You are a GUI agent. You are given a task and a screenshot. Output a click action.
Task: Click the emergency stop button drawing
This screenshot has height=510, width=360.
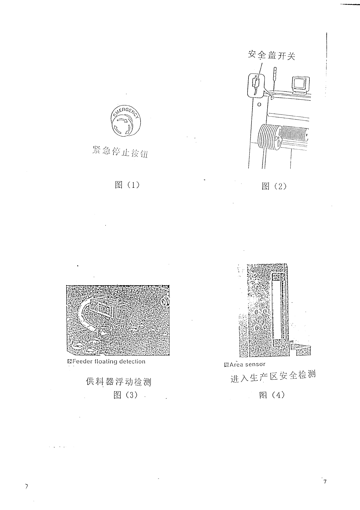(x=125, y=121)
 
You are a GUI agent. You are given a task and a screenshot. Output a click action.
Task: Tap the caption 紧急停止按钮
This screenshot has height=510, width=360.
(x=120, y=152)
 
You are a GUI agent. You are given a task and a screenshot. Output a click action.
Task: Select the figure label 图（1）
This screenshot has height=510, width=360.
(x=127, y=185)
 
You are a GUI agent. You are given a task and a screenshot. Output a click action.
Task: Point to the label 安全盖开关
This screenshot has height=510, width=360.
(x=272, y=55)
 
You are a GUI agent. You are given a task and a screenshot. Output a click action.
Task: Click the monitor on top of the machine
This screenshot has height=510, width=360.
(x=301, y=83)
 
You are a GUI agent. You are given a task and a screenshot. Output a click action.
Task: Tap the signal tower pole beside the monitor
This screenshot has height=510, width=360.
(x=275, y=77)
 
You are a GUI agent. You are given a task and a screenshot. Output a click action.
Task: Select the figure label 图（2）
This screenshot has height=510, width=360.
(x=274, y=186)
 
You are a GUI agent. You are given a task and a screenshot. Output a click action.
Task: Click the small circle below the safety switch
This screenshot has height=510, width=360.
(x=259, y=105)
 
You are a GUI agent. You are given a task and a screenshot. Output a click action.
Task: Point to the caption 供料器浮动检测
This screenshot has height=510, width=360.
(x=118, y=382)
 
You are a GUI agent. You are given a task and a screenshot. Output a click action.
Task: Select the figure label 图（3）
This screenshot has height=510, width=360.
(x=125, y=395)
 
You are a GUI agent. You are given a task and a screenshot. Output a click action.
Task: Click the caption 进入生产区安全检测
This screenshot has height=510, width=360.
(x=273, y=376)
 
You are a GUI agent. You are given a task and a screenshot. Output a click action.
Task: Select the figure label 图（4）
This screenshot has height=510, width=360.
(x=272, y=395)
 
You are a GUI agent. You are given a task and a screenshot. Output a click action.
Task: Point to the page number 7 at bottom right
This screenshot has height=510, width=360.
(x=325, y=482)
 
